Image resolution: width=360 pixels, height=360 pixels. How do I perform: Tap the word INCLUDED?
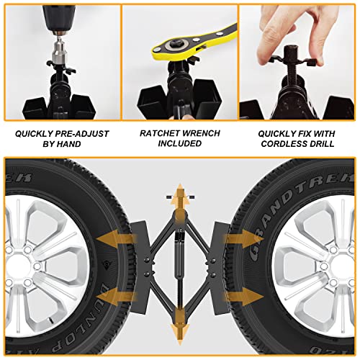[x=179, y=144]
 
